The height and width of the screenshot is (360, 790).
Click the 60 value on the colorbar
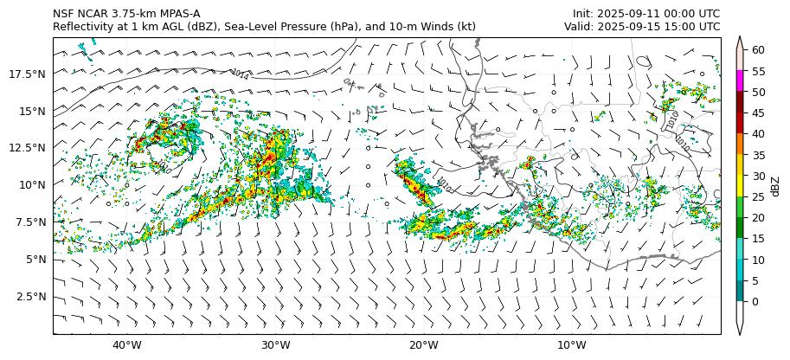tap(758, 50)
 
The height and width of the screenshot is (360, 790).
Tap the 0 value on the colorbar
tap(755, 301)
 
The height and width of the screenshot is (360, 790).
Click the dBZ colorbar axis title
tap(775, 185)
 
